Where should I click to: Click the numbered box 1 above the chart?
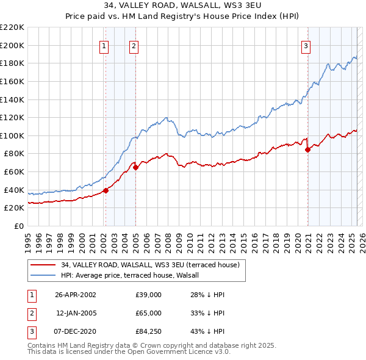coord(104,45)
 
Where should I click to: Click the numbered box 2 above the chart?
coord(134,45)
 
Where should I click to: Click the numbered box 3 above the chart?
coord(306,45)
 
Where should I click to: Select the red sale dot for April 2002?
coord(106,190)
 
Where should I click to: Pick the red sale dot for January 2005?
coord(135,167)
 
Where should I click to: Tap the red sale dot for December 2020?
coord(307,149)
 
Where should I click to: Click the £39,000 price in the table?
coord(149,294)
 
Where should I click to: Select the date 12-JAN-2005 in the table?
coord(76,313)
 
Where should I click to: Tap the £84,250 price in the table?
coord(149,332)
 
